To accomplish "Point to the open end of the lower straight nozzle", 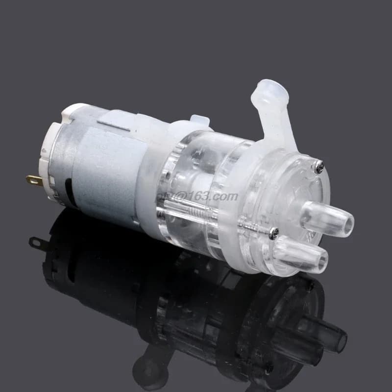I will point(322,258).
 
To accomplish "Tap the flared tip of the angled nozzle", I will point(275,90).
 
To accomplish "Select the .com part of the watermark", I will point(225,197).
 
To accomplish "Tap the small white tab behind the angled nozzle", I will point(199,120).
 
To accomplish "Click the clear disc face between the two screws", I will point(294,196).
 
